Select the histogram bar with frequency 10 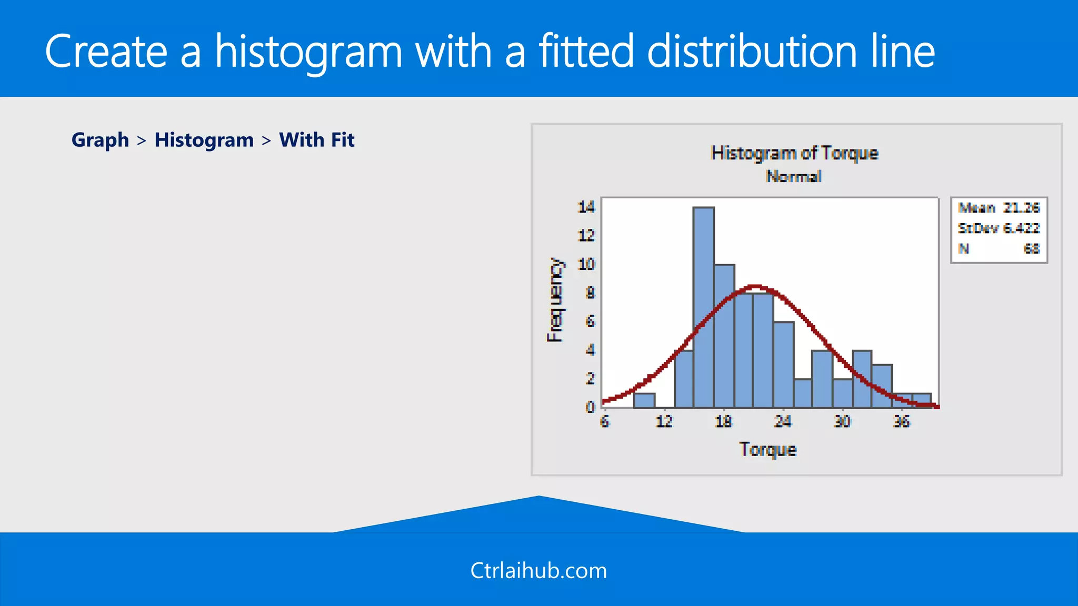coord(724,337)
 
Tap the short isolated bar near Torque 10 coord(644,400)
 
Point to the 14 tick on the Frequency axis coord(586,207)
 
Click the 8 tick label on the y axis coord(590,292)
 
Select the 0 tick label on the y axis coord(590,407)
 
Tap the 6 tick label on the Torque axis coord(605,421)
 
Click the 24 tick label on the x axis coord(783,421)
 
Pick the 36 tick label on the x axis coord(901,421)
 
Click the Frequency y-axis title coord(555,300)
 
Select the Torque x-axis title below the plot coord(768,450)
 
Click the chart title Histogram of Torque coord(794,153)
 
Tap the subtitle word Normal coord(794,176)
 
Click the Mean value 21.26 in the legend coord(1021,208)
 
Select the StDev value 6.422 coord(1021,228)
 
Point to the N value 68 coord(1031,249)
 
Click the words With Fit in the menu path coord(316,140)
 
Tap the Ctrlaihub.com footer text coord(538,571)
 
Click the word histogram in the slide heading coord(308,52)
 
